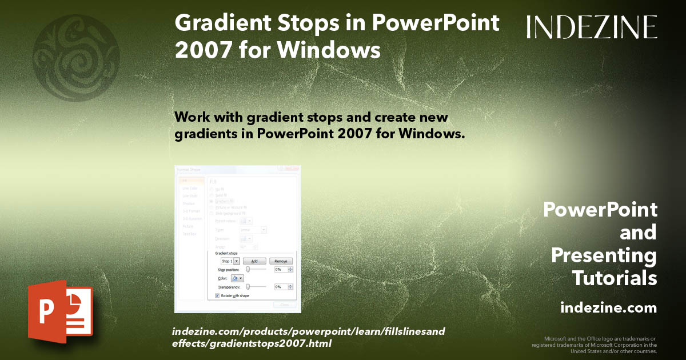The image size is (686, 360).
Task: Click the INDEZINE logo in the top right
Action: tap(592, 27)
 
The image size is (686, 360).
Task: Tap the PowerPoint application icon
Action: tap(60, 312)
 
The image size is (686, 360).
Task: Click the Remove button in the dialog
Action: tap(281, 261)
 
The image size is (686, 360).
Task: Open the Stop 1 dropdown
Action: tap(237, 261)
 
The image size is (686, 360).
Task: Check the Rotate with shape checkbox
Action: tap(217, 295)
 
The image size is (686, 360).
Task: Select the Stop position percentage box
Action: tap(281, 269)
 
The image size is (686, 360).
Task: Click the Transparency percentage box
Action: tap(281, 287)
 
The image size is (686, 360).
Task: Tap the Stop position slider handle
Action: tap(248, 269)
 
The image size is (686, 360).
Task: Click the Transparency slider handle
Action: tap(248, 286)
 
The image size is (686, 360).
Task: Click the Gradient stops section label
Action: tap(226, 253)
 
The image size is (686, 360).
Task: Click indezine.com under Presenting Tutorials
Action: tap(608, 308)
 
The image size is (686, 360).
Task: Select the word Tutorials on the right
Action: tap(615, 278)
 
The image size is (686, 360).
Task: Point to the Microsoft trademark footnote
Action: tap(595, 345)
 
